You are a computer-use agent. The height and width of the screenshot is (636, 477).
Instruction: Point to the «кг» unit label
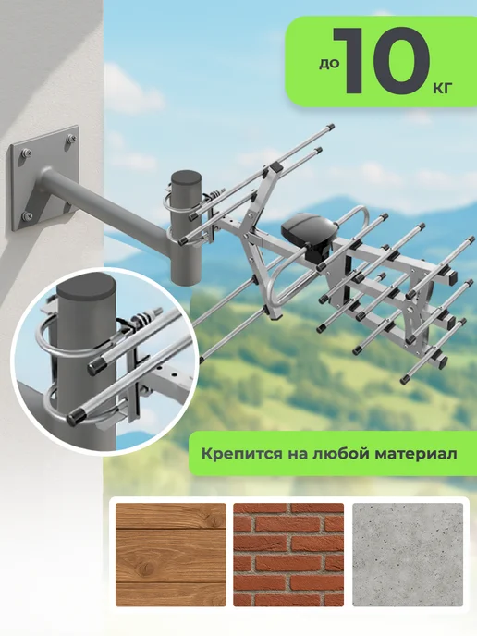[x=441, y=88]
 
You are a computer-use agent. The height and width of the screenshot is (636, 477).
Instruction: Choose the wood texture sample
[x=171, y=555]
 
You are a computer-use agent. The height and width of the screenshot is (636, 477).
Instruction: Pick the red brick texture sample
[x=288, y=555]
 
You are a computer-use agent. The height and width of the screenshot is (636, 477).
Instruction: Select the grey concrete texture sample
[x=408, y=555]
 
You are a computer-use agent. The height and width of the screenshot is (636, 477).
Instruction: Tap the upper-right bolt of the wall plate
[x=71, y=139]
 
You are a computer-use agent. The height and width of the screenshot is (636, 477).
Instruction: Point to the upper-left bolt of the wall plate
[x=24, y=153]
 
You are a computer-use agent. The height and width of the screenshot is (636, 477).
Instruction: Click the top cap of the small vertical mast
[x=186, y=177]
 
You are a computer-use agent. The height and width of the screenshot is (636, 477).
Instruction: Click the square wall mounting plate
[x=43, y=177]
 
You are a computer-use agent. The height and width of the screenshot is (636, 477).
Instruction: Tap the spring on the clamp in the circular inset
[x=142, y=317]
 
